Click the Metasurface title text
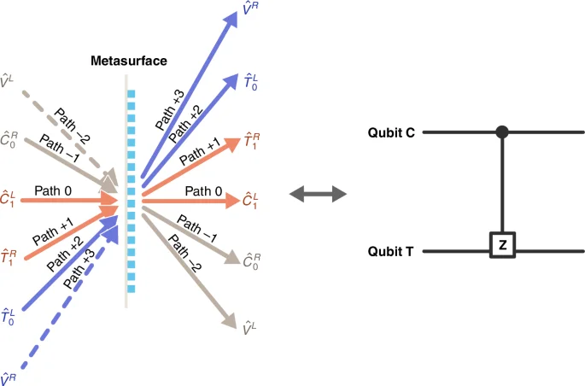pos(130,61)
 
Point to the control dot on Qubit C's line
pos(502,132)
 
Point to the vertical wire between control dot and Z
pos(502,184)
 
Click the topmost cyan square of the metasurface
pos(131,93)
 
